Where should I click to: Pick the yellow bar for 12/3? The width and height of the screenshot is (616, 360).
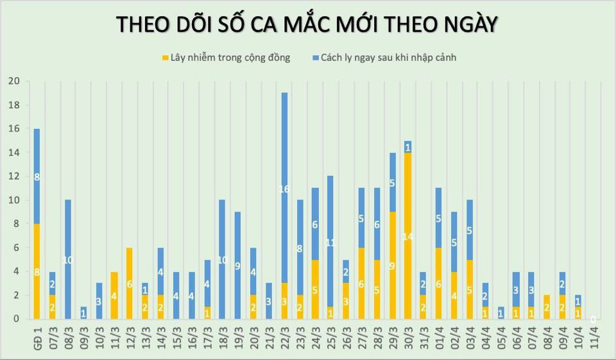click(x=129, y=283)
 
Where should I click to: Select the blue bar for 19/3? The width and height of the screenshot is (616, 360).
click(x=237, y=265)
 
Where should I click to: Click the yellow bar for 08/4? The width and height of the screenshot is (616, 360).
click(x=547, y=307)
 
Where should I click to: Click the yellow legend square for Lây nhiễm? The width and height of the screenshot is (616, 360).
click(x=166, y=58)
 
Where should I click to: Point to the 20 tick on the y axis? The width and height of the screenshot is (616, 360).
click(x=13, y=81)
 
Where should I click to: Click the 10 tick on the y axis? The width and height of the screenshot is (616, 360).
click(x=13, y=200)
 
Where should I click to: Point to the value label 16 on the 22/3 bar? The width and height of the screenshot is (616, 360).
click(x=284, y=189)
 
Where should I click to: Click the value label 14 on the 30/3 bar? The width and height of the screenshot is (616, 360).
click(x=407, y=237)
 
